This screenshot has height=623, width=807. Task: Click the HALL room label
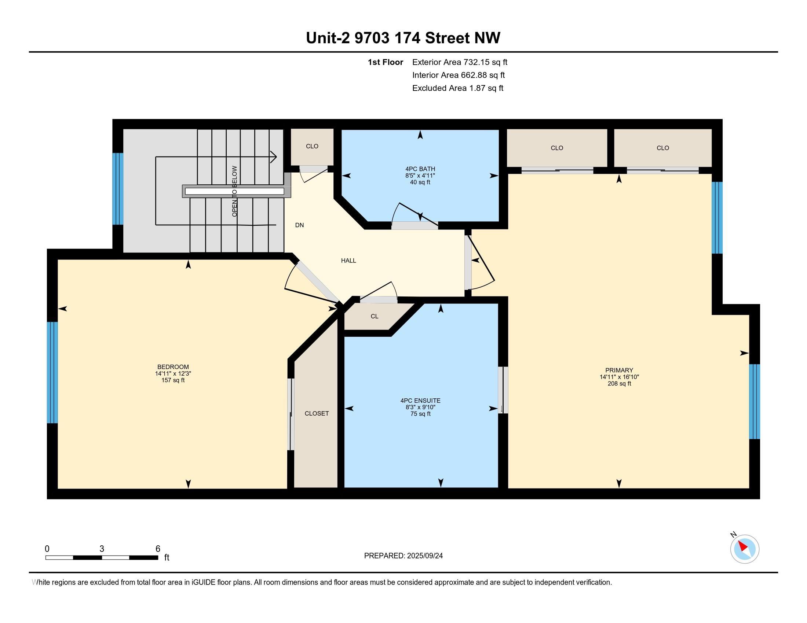tap(348, 261)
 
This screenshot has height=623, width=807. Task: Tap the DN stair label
tap(299, 225)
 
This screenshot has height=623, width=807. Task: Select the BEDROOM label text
tap(173, 367)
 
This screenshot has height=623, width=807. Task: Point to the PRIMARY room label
tap(619, 370)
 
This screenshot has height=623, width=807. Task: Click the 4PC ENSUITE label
tap(420, 401)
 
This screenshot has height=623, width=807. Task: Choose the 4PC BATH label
tap(420, 169)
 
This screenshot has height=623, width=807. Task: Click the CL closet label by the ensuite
tap(374, 316)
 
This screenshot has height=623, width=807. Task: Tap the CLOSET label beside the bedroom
tap(317, 413)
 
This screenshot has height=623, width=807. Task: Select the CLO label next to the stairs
tap(312, 146)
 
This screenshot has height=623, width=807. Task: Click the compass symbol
tap(744, 549)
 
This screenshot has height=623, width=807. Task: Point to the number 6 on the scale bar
tap(158, 549)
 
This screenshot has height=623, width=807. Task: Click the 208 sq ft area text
tap(619, 383)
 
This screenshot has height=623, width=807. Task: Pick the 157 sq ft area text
tap(173, 380)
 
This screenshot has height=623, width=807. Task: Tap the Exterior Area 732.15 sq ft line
tap(460, 62)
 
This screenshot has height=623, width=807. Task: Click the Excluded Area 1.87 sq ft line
tap(458, 88)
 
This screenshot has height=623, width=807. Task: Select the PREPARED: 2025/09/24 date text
tap(403, 556)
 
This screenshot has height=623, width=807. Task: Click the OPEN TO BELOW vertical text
tap(235, 191)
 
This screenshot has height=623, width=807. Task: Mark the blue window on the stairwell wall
tap(118, 189)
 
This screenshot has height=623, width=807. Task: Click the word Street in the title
tap(448, 38)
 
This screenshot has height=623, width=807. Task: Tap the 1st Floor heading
tap(386, 62)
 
